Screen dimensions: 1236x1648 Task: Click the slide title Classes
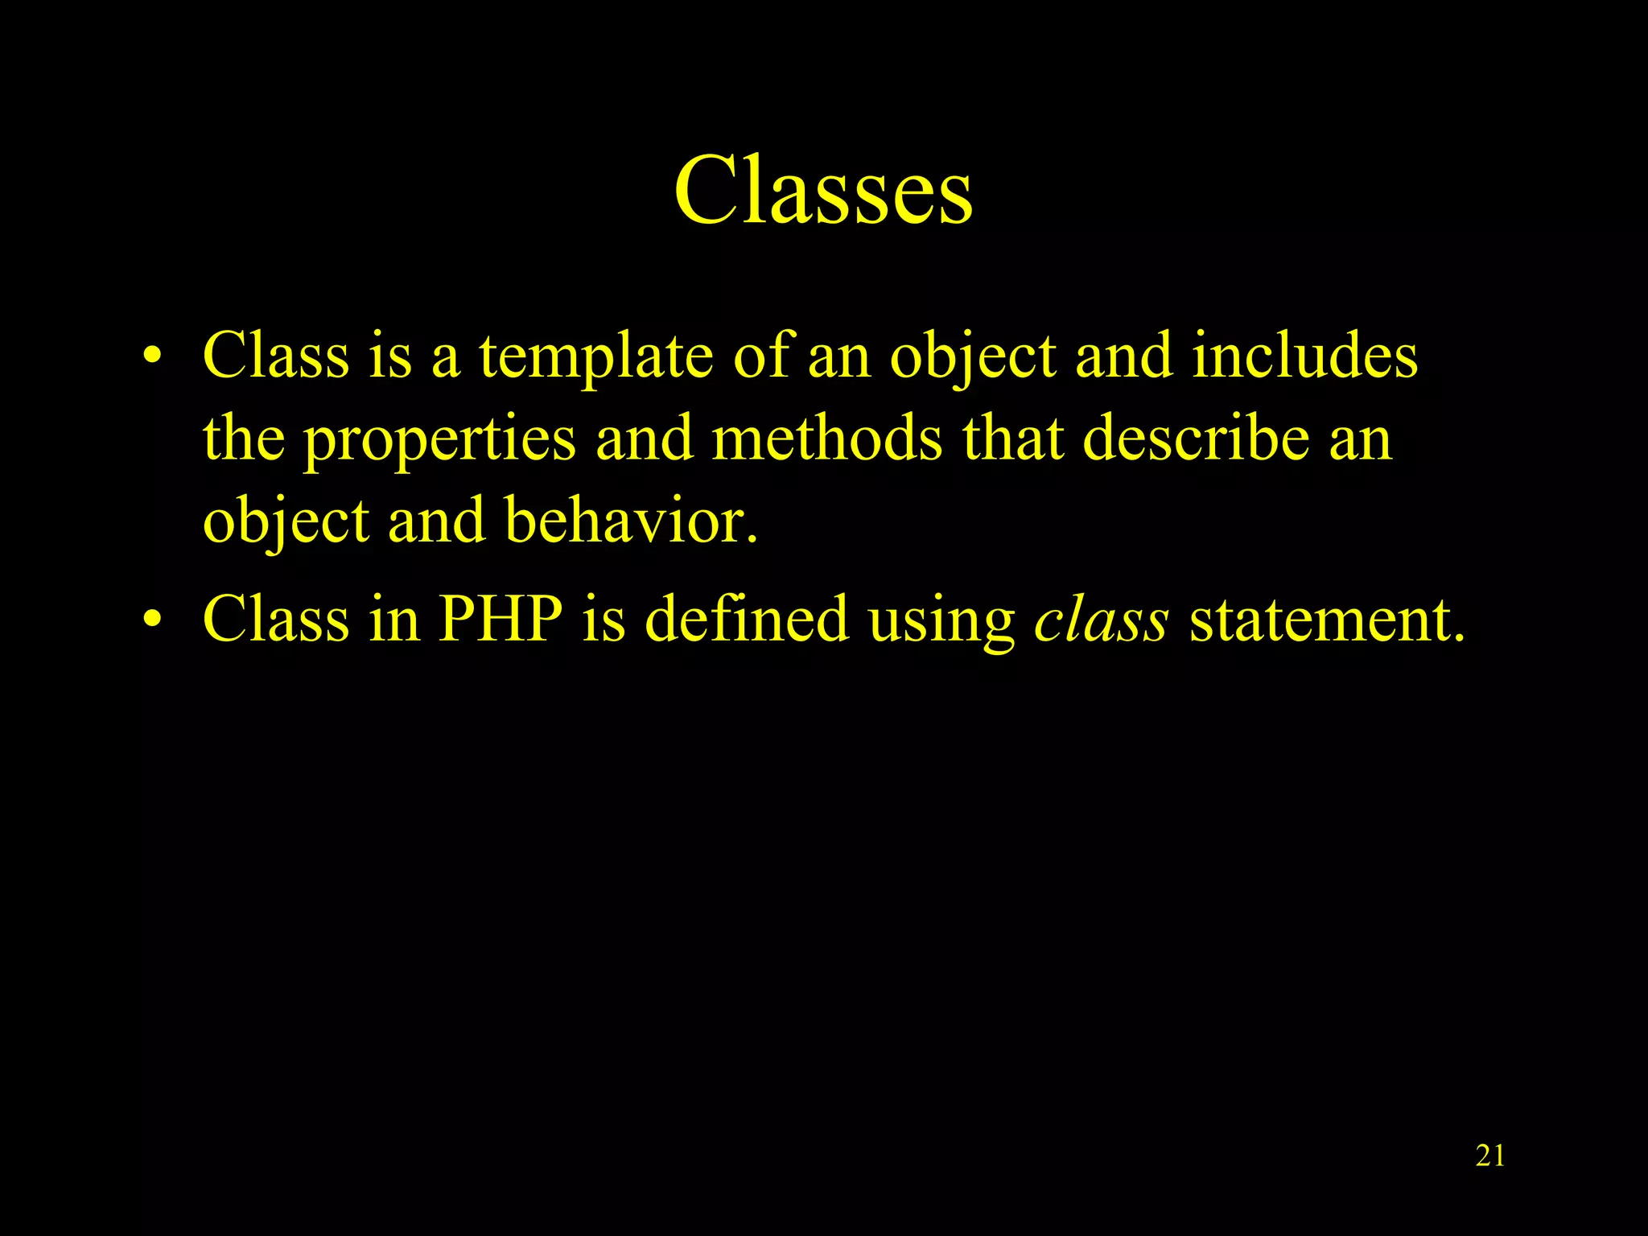coord(823,191)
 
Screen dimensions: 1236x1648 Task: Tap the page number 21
coord(1490,1156)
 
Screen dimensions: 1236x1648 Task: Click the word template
coord(595,356)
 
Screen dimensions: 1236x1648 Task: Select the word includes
coord(1304,356)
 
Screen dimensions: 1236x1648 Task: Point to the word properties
coord(439,439)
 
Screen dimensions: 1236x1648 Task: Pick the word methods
coord(826,439)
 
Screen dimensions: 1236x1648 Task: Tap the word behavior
coord(632,521)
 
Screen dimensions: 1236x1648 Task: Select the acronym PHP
coord(500,620)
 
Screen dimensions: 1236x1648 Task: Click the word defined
coord(747,620)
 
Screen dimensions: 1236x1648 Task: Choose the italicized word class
coord(1101,620)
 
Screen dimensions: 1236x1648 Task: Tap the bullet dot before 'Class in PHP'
coord(152,620)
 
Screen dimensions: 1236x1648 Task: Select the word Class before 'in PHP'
coord(276,620)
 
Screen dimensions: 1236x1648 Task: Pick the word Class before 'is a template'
coord(276,356)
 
